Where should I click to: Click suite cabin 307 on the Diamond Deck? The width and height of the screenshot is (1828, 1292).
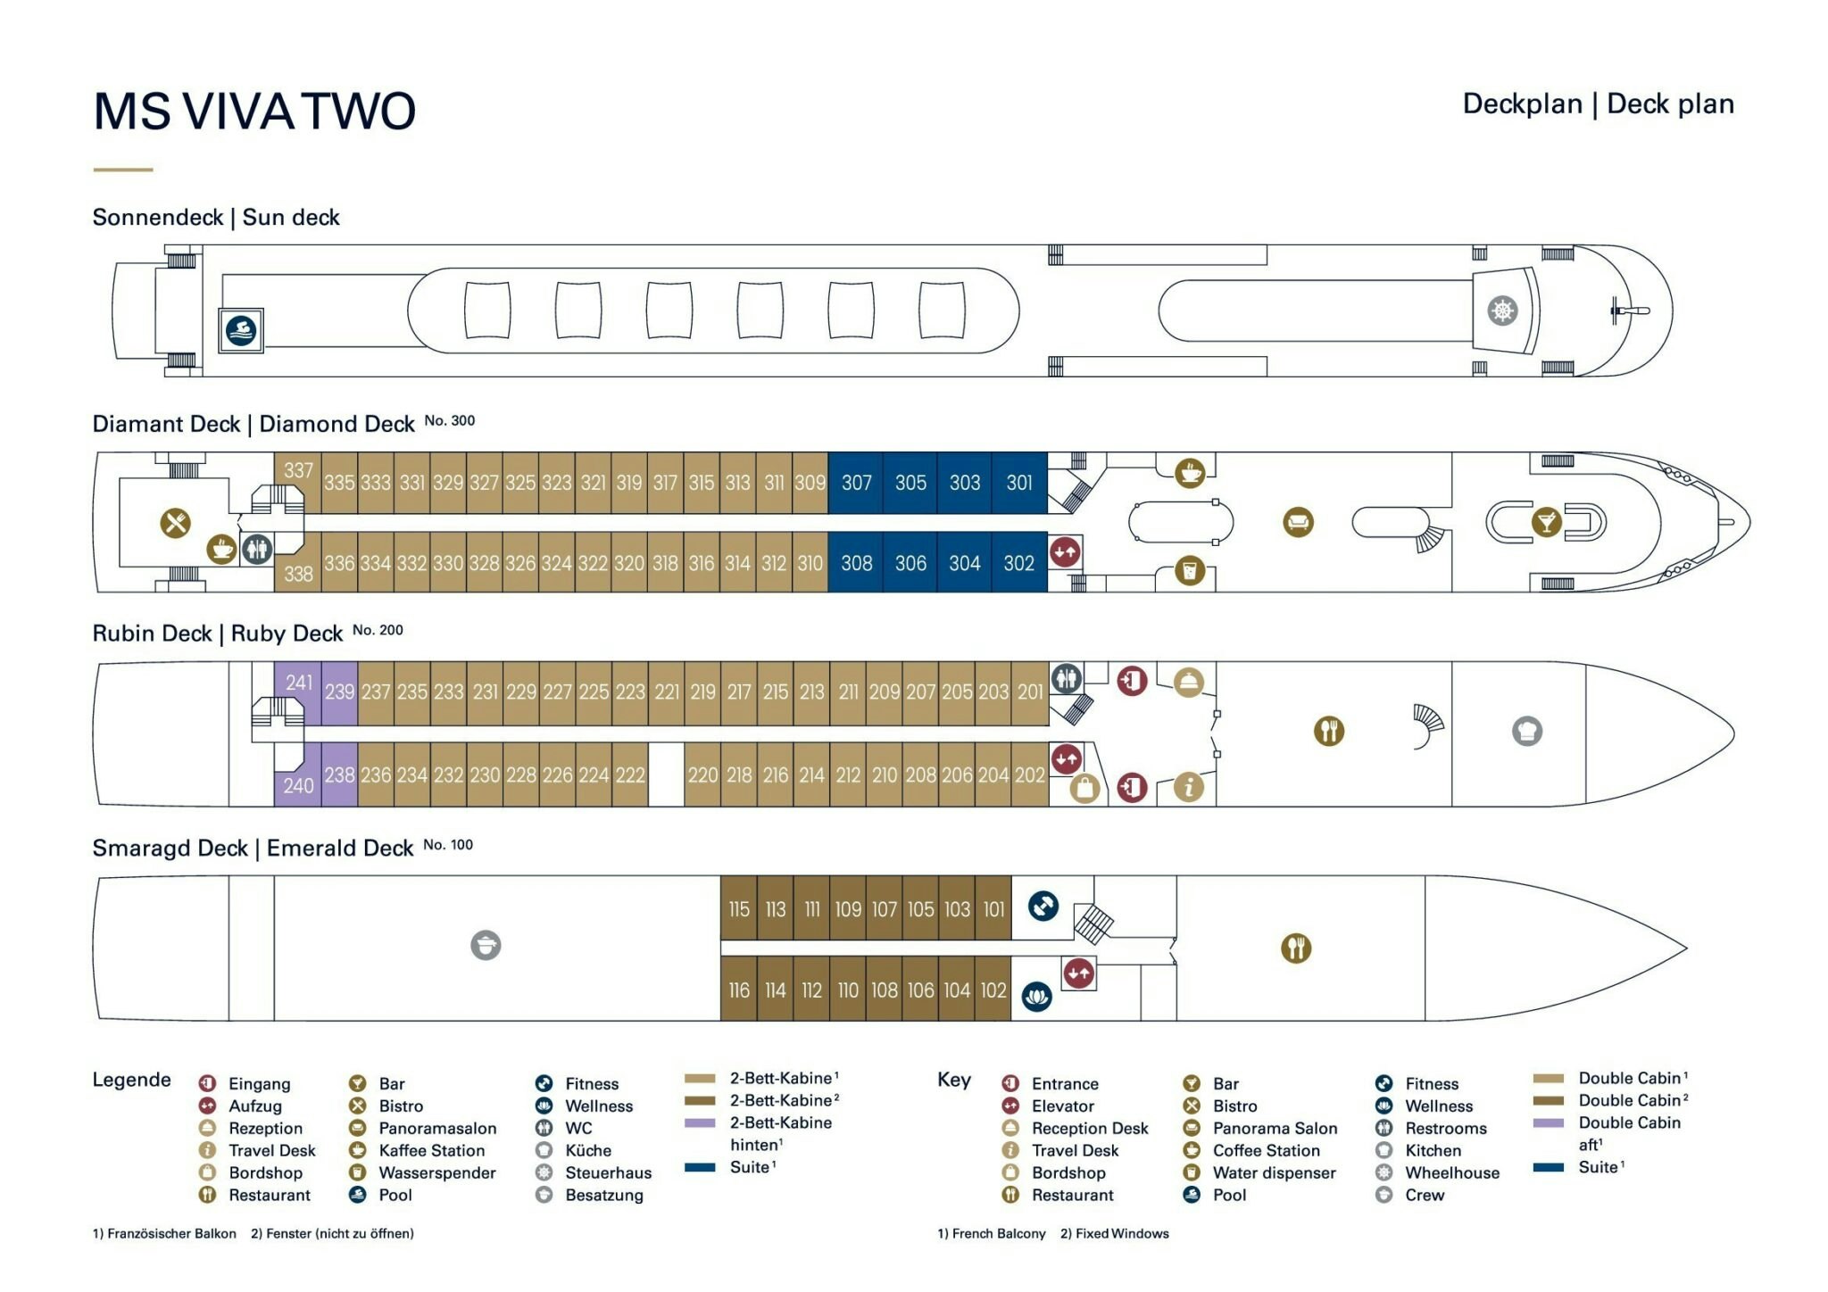click(x=856, y=483)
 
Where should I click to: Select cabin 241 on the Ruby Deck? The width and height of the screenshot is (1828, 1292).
click(x=298, y=683)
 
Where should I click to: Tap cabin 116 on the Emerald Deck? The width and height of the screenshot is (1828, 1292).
click(x=739, y=990)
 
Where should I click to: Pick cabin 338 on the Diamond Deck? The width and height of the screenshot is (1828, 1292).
click(x=298, y=574)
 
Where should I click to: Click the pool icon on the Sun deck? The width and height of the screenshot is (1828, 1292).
click(x=241, y=331)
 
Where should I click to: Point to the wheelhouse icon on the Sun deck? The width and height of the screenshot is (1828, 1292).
click(x=1502, y=311)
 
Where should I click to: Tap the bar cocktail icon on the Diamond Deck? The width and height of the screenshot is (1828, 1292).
click(x=1546, y=522)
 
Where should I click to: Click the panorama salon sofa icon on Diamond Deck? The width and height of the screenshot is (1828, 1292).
click(x=1298, y=522)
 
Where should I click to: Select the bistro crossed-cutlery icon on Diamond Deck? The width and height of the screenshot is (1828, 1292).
click(x=176, y=522)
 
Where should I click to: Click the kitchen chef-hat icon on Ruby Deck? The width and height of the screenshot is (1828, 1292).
click(x=1527, y=732)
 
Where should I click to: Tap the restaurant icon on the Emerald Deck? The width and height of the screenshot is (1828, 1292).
click(x=1296, y=948)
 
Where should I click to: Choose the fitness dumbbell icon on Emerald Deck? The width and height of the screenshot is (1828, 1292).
click(x=1043, y=907)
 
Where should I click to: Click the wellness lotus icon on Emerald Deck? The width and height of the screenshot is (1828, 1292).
click(x=1036, y=996)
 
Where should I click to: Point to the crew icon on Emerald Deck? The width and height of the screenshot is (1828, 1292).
click(x=486, y=945)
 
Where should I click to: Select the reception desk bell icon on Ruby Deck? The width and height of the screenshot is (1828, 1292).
click(x=1188, y=683)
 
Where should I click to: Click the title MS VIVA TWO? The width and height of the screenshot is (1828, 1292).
click(x=254, y=112)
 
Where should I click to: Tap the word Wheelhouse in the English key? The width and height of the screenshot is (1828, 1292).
click(x=1451, y=1172)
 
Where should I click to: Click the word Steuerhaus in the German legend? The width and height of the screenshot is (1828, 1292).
click(x=608, y=1172)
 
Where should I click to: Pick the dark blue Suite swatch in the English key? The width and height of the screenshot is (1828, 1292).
click(x=1549, y=1167)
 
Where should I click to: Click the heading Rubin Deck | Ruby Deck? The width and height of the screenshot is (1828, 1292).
click(x=217, y=634)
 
